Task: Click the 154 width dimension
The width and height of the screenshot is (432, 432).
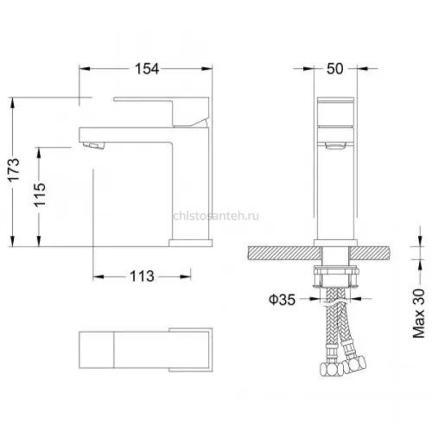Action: (147, 69)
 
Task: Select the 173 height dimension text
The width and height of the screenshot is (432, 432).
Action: (14, 169)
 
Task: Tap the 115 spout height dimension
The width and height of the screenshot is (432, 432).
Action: (40, 194)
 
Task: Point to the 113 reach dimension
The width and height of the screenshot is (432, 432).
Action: (142, 276)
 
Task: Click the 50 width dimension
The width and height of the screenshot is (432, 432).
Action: (335, 69)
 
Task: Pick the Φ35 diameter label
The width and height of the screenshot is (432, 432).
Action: (283, 300)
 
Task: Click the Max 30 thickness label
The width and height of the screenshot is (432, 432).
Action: (419, 313)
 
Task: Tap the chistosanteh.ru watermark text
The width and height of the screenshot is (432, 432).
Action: (216, 216)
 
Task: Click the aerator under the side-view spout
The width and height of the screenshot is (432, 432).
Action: (92, 145)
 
